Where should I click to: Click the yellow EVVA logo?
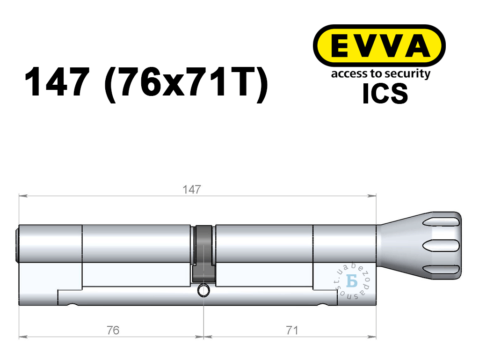(379, 45)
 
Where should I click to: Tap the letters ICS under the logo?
(385, 94)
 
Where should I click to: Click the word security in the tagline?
(407, 74)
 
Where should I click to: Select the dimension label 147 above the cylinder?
(191, 190)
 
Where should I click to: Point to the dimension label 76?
(113, 331)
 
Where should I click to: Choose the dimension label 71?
(292, 331)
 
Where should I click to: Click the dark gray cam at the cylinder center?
(203, 254)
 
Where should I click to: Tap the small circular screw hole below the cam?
(203, 290)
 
